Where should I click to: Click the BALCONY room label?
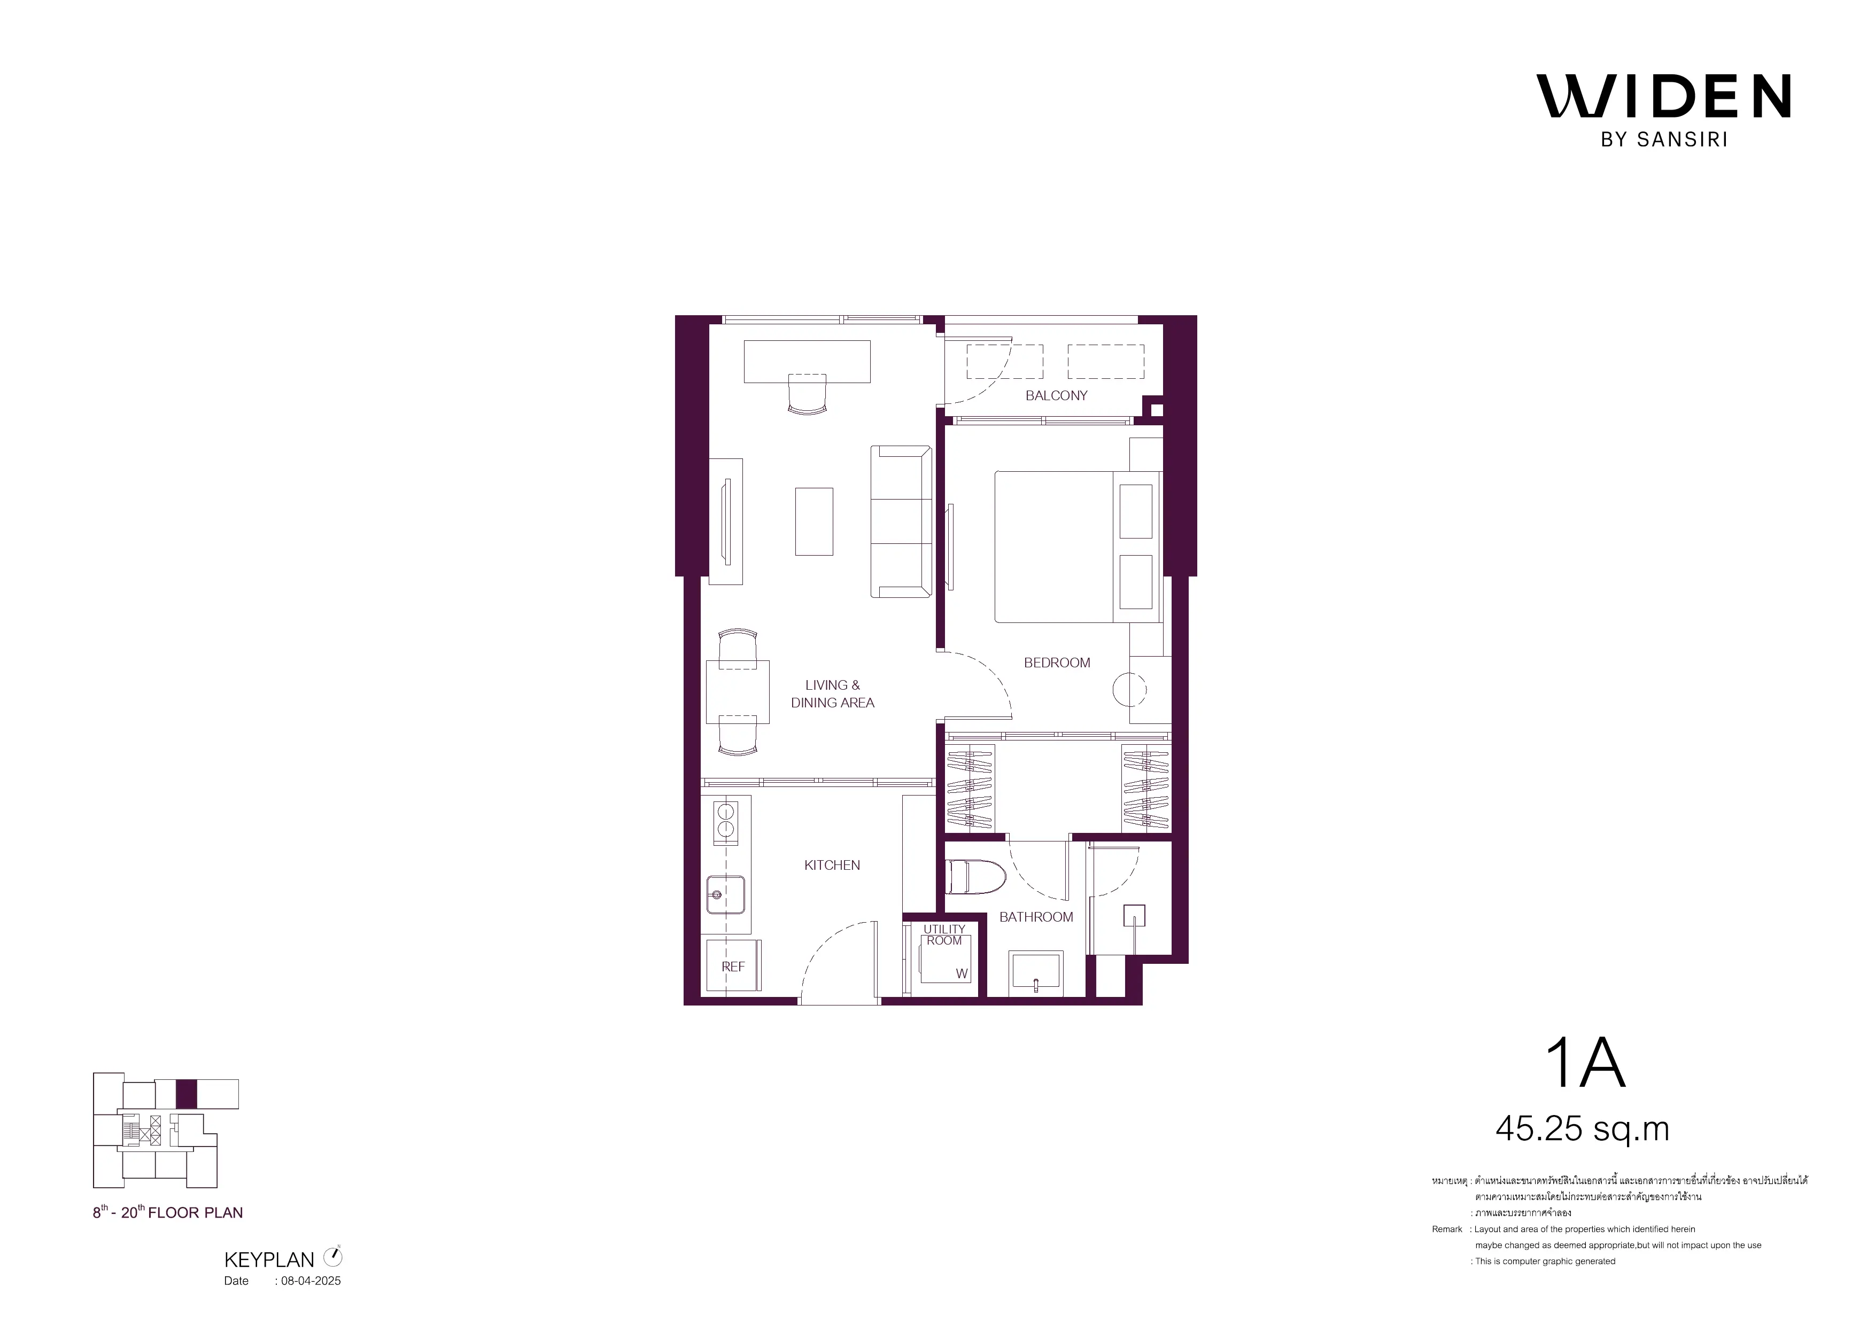tap(1056, 396)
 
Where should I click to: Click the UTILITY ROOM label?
tap(944, 935)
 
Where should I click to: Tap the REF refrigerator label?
tap(733, 967)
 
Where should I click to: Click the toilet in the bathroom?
tap(975, 877)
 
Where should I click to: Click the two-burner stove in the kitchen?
tap(725, 821)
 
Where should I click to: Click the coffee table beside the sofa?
tap(814, 521)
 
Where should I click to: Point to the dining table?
tap(738, 691)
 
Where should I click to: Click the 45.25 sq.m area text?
tap(1582, 1129)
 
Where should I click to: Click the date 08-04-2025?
tap(311, 1281)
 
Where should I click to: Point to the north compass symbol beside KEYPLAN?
tap(333, 1257)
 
